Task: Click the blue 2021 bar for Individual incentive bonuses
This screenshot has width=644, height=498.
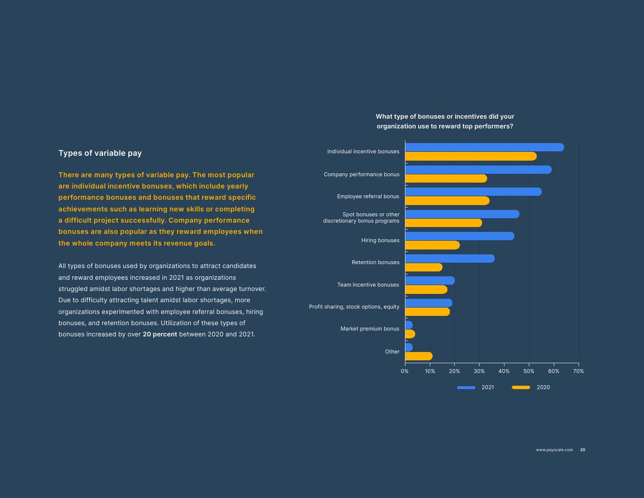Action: pos(484,147)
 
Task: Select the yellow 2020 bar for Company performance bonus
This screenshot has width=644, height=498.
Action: pos(446,179)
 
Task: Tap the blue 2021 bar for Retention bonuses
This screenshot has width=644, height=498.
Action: pos(449,258)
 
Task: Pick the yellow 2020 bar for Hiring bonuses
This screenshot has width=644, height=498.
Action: pos(432,245)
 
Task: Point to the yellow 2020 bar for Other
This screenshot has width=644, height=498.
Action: pos(419,356)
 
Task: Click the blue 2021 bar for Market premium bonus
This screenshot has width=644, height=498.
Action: pos(409,325)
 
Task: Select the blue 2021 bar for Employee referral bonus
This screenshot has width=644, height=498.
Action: pos(473,192)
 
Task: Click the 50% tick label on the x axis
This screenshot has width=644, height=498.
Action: pos(529,372)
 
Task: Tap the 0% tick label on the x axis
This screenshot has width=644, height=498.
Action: pos(404,372)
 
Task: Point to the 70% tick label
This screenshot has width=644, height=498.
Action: pos(578,372)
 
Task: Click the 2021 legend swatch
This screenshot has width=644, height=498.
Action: pos(466,388)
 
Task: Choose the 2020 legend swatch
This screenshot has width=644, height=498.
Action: pos(521,388)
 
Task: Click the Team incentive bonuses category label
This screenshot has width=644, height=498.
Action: pos(368,285)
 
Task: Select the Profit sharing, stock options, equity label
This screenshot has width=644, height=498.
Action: pos(354,307)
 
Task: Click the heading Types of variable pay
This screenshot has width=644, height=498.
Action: pos(100,153)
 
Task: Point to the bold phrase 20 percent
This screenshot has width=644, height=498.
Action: pos(160,334)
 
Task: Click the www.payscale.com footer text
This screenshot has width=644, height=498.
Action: pos(554,450)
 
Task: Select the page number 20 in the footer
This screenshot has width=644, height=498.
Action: pos(583,450)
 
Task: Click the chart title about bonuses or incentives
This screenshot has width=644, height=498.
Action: pos(444,121)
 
